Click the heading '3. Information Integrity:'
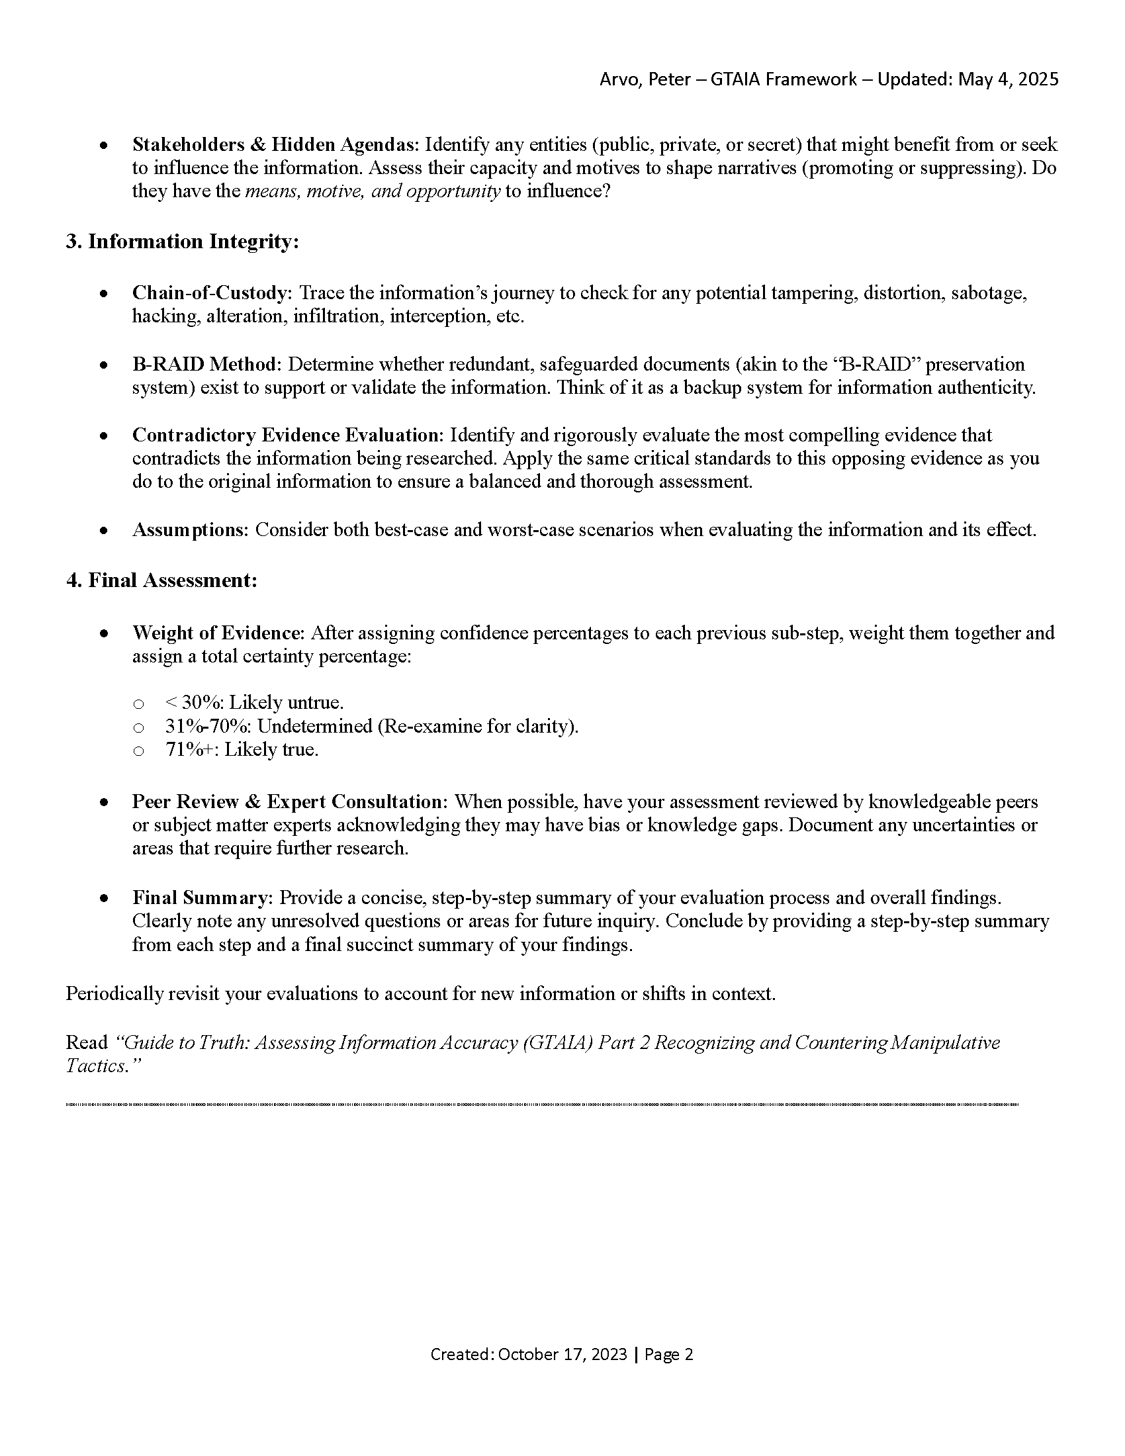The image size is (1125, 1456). pos(182,242)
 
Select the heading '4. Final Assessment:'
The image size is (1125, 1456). pos(161,580)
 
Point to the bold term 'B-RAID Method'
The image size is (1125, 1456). pos(206,364)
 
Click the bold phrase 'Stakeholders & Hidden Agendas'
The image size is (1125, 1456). pos(275,145)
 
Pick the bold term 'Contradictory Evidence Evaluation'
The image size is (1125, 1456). pos(287,435)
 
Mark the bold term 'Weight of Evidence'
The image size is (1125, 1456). pos(218,633)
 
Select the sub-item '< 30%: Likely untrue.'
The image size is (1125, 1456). pos(254,703)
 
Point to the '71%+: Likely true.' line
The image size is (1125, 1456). pos(242,750)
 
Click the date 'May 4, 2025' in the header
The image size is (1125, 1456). pos(1009,79)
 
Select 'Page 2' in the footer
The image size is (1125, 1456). pos(669,1354)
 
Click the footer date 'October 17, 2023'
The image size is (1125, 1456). pos(562,1354)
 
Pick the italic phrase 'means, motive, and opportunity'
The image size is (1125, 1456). pos(373,191)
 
